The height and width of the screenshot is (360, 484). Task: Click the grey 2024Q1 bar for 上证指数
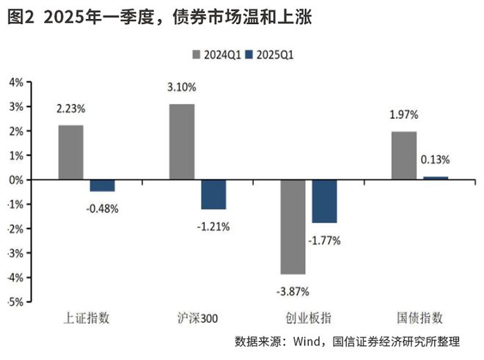[x=71, y=153]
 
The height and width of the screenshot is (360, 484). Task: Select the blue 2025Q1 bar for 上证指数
[x=102, y=185]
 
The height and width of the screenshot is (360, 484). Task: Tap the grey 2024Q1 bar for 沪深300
[x=182, y=142]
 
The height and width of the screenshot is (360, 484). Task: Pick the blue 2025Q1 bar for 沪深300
[x=213, y=194]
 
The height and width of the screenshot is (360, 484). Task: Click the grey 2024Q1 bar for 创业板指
[x=293, y=227]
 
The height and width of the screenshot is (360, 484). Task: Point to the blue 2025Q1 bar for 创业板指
[x=324, y=201]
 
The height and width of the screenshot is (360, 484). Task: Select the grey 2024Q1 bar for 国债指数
[x=403, y=155]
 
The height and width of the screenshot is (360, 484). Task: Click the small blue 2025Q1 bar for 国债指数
[x=435, y=178]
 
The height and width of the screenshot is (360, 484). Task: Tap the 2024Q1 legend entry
[x=215, y=54]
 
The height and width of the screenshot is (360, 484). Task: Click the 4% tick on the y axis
[x=15, y=82]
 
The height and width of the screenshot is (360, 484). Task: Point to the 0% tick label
[x=15, y=180]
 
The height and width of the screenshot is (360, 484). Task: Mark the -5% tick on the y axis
[x=15, y=301]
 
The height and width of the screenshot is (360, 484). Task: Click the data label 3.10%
[x=182, y=87]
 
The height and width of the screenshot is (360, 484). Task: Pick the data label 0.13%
[x=436, y=160]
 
